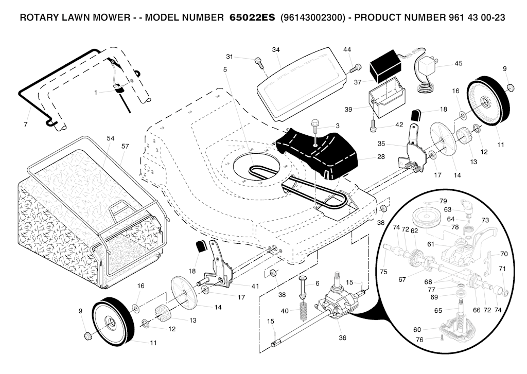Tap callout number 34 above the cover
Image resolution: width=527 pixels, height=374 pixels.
tap(276, 50)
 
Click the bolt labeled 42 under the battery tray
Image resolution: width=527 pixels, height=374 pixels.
tap(372, 123)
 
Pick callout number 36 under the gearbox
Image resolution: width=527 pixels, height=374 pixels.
tap(342, 338)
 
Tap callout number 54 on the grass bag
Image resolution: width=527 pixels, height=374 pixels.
tap(110, 139)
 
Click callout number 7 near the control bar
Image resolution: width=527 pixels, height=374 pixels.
tap(25, 125)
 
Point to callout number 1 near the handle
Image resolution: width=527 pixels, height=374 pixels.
tap(96, 93)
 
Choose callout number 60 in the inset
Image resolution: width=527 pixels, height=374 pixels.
tap(417, 329)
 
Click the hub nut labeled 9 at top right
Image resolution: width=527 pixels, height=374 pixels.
tap(511, 86)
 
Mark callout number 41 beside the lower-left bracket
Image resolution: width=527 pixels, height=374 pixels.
tap(240, 286)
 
